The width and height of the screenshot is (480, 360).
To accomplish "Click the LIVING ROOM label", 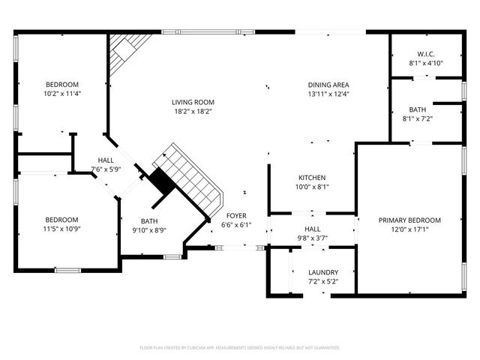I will [x=193, y=102].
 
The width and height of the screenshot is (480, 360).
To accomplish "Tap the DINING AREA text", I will [x=328, y=85].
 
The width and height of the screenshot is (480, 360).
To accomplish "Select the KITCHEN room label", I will [x=310, y=177].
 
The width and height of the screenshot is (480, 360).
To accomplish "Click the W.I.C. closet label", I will [x=426, y=54].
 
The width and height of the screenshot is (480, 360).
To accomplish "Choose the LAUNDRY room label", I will [x=323, y=272].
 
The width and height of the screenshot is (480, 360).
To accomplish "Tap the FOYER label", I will [x=236, y=214].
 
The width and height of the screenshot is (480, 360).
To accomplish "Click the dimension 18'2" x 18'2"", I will [x=193, y=112].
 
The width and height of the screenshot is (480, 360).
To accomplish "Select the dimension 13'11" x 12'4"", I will [x=328, y=94].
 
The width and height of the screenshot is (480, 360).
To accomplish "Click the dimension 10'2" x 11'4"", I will [x=62, y=94].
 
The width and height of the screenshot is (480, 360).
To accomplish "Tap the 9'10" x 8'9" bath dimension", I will [x=149, y=231].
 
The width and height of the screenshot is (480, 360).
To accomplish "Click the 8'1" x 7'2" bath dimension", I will [x=418, y=119].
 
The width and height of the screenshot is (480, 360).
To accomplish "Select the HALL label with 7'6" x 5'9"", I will [x=105, y=160].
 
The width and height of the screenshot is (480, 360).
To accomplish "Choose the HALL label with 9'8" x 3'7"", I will [x=312, y=229].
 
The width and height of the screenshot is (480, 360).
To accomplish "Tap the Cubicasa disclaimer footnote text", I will [x=240, y=348].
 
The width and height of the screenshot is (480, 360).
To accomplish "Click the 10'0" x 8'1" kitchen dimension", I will [x=310, y=187].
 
